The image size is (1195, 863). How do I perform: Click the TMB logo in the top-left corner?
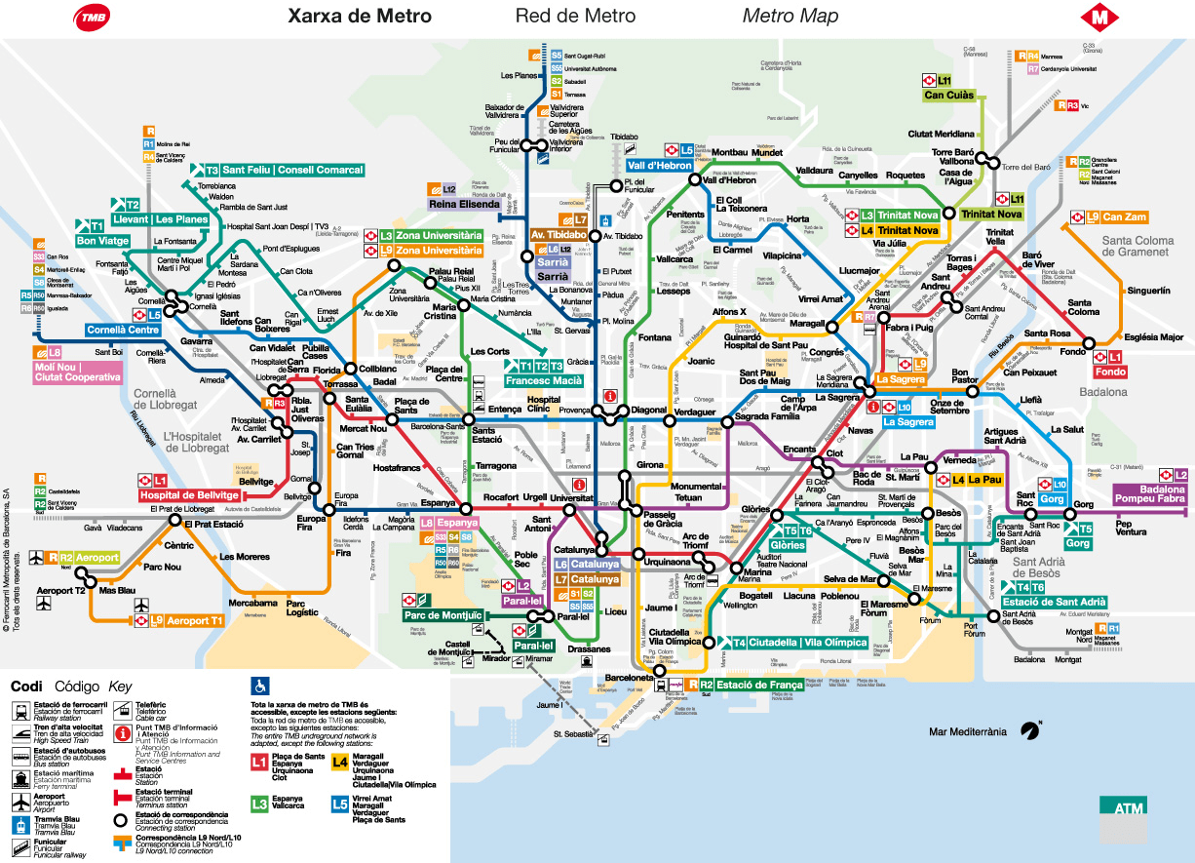point(94,17)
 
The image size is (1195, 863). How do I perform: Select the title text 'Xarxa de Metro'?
point(360,17)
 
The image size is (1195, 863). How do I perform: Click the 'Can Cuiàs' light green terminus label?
point(948,96)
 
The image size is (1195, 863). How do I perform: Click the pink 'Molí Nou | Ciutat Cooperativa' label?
point(78,372)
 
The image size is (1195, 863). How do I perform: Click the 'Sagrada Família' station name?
point(767,416)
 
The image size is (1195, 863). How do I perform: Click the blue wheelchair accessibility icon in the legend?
point(260,685)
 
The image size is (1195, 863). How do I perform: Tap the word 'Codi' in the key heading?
point(26,686)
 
